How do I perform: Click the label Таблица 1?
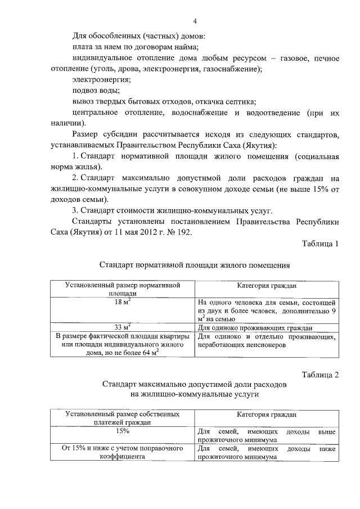coord(319,244)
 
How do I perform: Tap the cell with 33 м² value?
coord(123,327)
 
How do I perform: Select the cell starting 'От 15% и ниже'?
coord(123,453)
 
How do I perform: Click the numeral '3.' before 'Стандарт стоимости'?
coord(76,210)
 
